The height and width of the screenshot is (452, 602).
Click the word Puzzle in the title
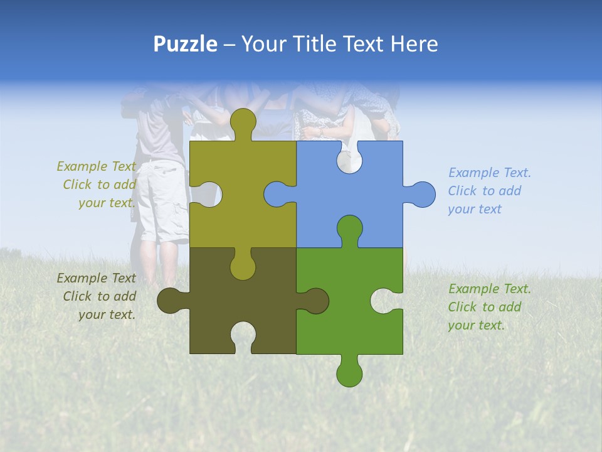(x=185, y=44)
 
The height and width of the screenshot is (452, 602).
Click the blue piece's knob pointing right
(x=421, y=195)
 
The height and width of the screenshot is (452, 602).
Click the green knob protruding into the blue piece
(x=349, y=230)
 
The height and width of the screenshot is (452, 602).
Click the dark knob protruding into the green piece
(x=314, y=301)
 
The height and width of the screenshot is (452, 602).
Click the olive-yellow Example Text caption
(x=97, y=185)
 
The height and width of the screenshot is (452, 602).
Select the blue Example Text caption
(x=489, y=191)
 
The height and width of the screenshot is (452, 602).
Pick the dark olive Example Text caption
(x=97, y=296)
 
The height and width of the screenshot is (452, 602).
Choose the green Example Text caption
(x=489, y=307)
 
